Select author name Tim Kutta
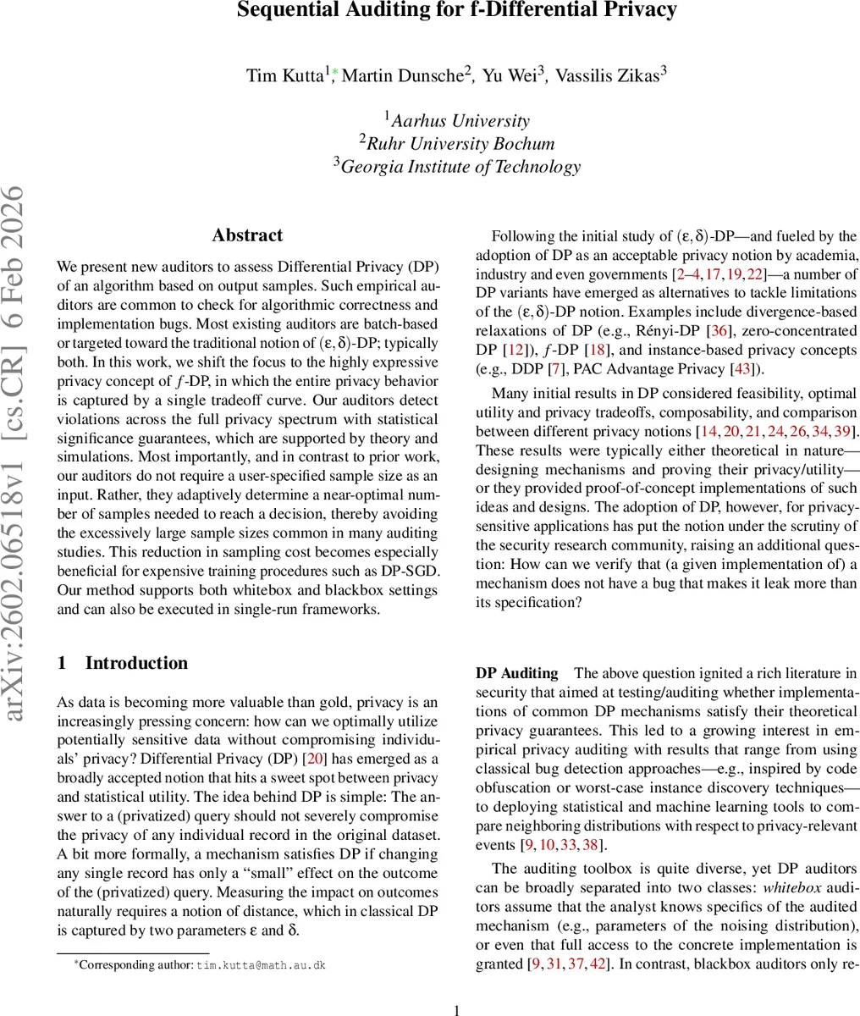click(284, 75)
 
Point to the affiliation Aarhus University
click(460, 121)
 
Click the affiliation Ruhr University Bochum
click(460, 143)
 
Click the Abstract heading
click(247, 235)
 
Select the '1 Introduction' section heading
click(123, 663)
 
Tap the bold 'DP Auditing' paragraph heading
click(516, 673)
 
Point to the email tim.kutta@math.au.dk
click(261, 964)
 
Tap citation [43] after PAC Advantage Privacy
click(747, 368)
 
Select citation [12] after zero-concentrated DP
click(507, 350)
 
